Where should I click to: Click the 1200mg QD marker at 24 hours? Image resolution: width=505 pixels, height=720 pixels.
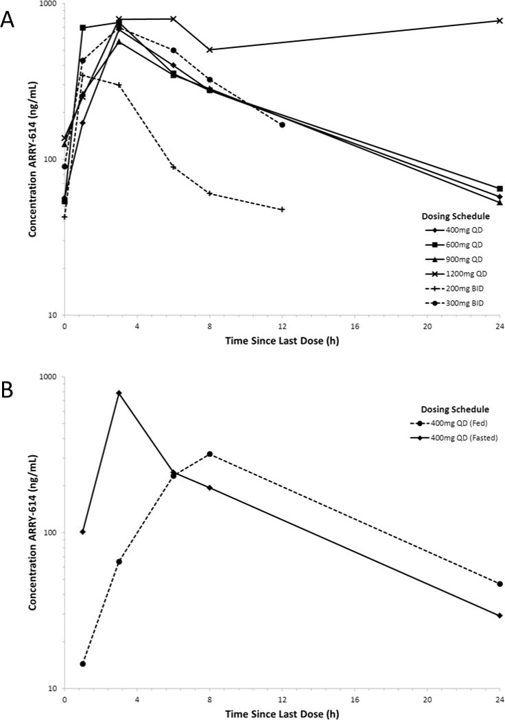click(500, 21)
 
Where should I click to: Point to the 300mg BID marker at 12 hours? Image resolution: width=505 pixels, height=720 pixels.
click(282, 125)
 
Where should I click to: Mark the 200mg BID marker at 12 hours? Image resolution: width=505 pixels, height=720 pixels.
click(282, 209)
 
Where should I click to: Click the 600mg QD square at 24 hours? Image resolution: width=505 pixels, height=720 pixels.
click(500, 189)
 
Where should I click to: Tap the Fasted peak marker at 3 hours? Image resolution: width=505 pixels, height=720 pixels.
click(119, 393)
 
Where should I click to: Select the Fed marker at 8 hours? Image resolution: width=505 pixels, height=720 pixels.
click(209, 454)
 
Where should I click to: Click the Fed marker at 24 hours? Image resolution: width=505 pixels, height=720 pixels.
click(500, 584)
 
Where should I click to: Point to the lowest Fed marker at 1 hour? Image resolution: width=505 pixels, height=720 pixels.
click(83, 664)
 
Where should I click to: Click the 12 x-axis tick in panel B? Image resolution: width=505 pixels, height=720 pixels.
click(282, 700)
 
